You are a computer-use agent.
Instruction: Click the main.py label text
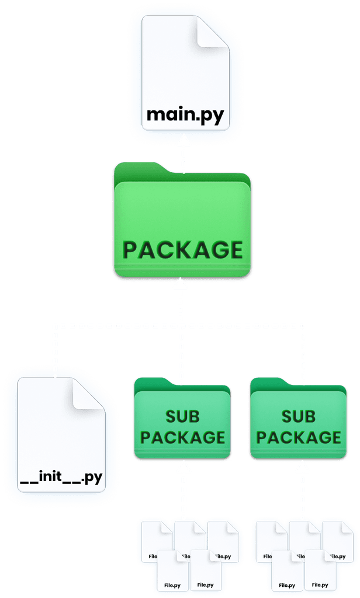[x=185, y=114]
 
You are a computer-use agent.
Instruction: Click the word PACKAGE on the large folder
[x=182, y=250]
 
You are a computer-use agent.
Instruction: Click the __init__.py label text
[x=61, y=478]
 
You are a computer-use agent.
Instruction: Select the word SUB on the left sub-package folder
[x=182, y=416]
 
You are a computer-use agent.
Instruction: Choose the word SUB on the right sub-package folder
[x=299, y=416]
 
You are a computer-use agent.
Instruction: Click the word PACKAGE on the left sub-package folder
[x=182, y=437]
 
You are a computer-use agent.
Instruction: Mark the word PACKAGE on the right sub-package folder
[x=299, y=437]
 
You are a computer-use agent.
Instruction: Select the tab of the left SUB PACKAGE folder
[x=149, y=383]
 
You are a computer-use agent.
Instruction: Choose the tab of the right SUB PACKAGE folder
[x=265, y=383]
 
